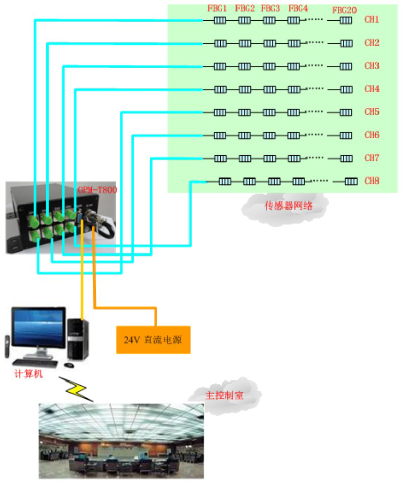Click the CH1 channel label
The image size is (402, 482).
point(371,20)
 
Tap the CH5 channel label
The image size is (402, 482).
point(371,112)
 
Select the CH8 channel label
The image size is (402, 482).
point(371,181)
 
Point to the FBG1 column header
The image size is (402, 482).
point(217,9)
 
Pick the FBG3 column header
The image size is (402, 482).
point(270,9)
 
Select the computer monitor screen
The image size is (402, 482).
point(39,329)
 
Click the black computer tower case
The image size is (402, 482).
point(78,339)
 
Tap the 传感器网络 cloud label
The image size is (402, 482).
point(285,206)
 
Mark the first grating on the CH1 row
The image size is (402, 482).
point(220,21)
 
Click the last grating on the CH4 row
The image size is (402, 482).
point(346,90)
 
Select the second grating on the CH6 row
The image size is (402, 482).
point(244,136)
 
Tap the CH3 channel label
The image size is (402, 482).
point(371,66)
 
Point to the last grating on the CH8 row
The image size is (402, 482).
point(351,182)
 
